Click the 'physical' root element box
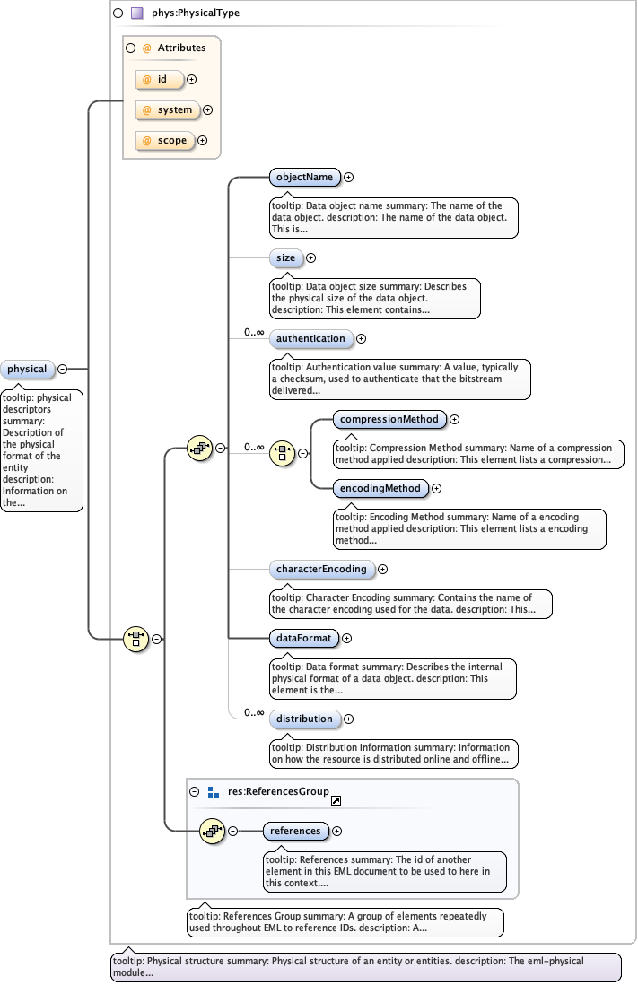pyautogui.click(x=28, y=369)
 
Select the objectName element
pyautogui.click(x=304, y=177)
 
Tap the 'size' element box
pyautogui.click(x=285, y=257)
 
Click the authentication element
pyautogui.click(x=310, y=338)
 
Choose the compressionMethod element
pyautogui.click(x=389, y=419)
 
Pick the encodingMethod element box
pyautogui.click(x=380, y=489)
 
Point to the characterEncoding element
pyautogui.click(x=320, y=569)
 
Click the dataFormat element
pyautogui.click(x=303, y=638)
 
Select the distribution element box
pyautogui.click(x=304, y=719)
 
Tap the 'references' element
pyautogui.click(x=295, y=831)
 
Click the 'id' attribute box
pyautogui.click(x=160, y=79)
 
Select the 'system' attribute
pyautogui.click(x=168, y=109)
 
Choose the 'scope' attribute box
pyautogui.click(x=165, y=140)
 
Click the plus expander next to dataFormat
pyautogui.click(x=347, y=639)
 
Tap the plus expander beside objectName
pyautogui.click(x=349, y=178)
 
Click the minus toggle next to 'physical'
pyautogui.click(x=63, y=369)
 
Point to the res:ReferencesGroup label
pyautogui.click(x=278, y=791)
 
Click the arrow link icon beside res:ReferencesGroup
pyautogui.click(x=336, y=800)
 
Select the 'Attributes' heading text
pyautogui.click(x=181, y=48)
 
